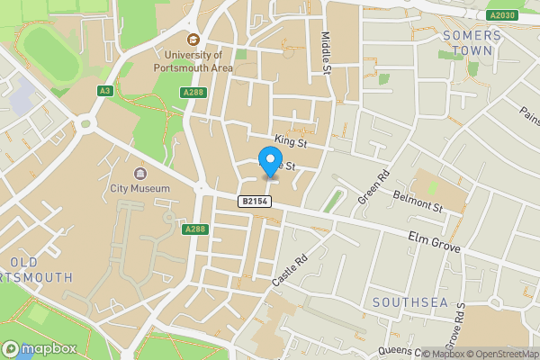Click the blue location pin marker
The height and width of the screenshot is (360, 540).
coord(269,163)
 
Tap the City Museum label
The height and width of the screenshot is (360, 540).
coord(139,188)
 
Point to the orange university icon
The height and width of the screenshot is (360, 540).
coord(193,39)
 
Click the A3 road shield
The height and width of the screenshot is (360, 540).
coord(106,91)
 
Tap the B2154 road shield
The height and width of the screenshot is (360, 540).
coord(255,202)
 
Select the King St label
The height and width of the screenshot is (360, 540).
coord(292,140)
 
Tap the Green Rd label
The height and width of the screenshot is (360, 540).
coord(373,185)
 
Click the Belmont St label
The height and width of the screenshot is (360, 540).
coord(425,208)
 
